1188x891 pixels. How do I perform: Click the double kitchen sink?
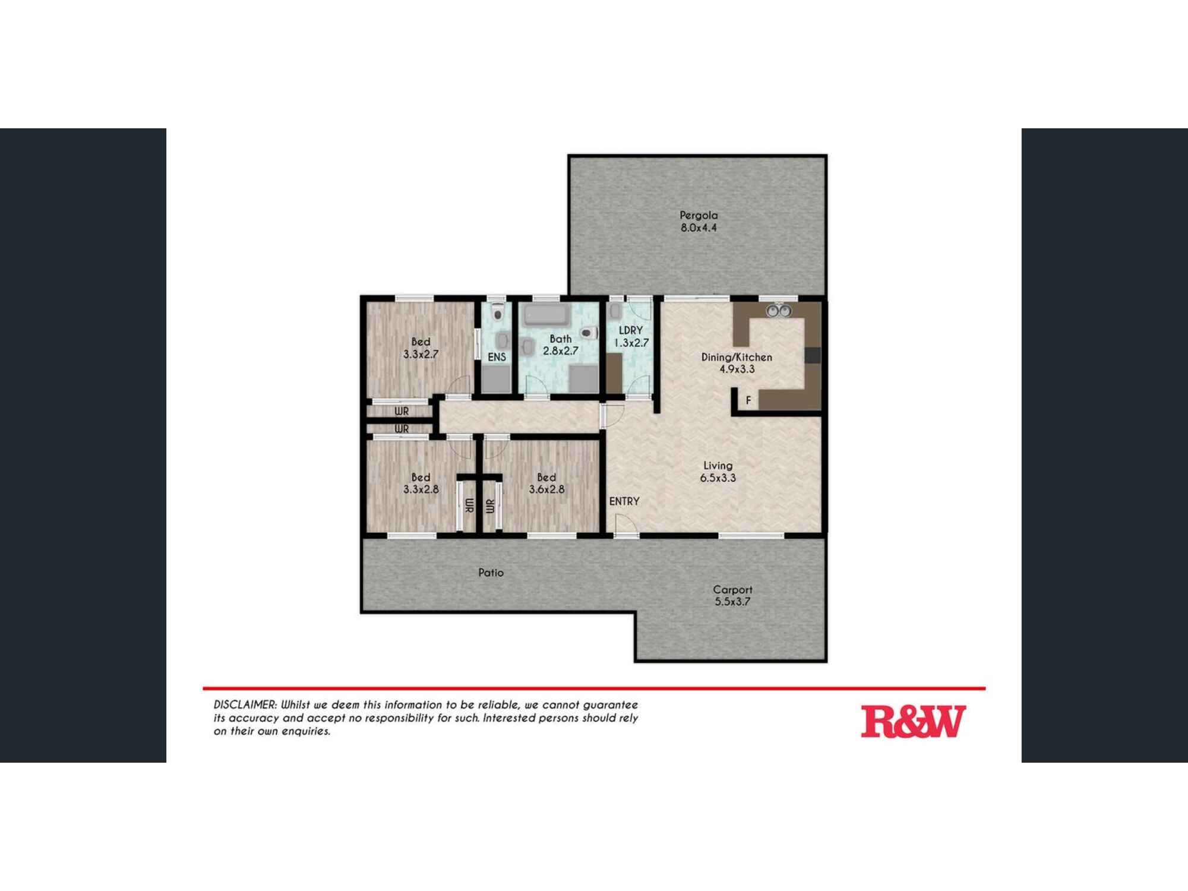click(778, 311)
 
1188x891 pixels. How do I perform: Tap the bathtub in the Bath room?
click(546, 315)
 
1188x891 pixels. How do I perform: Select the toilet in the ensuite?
click(498, 313)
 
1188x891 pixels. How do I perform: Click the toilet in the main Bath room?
click(588, 333)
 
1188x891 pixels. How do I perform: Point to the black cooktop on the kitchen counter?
click(813, 355)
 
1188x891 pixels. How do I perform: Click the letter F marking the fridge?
click(748, 400)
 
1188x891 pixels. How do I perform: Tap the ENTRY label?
click(624, 501)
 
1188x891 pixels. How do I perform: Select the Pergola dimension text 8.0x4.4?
click(699, 228)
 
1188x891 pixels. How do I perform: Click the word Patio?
click(491, 573)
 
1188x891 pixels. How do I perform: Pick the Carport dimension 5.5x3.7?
click(732, 602)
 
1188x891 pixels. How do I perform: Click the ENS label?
click(497, 357)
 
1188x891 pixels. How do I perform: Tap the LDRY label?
click(631, 330)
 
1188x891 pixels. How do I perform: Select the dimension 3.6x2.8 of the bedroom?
click(546, 489)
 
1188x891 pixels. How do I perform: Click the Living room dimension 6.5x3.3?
click(718, 478)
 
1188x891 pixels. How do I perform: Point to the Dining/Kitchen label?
click(737, 357)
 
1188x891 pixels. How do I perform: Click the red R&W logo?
click(913, 721)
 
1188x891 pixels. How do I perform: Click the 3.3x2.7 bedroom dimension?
click(421, 354)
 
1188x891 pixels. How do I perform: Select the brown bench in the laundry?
click(614, 372)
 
